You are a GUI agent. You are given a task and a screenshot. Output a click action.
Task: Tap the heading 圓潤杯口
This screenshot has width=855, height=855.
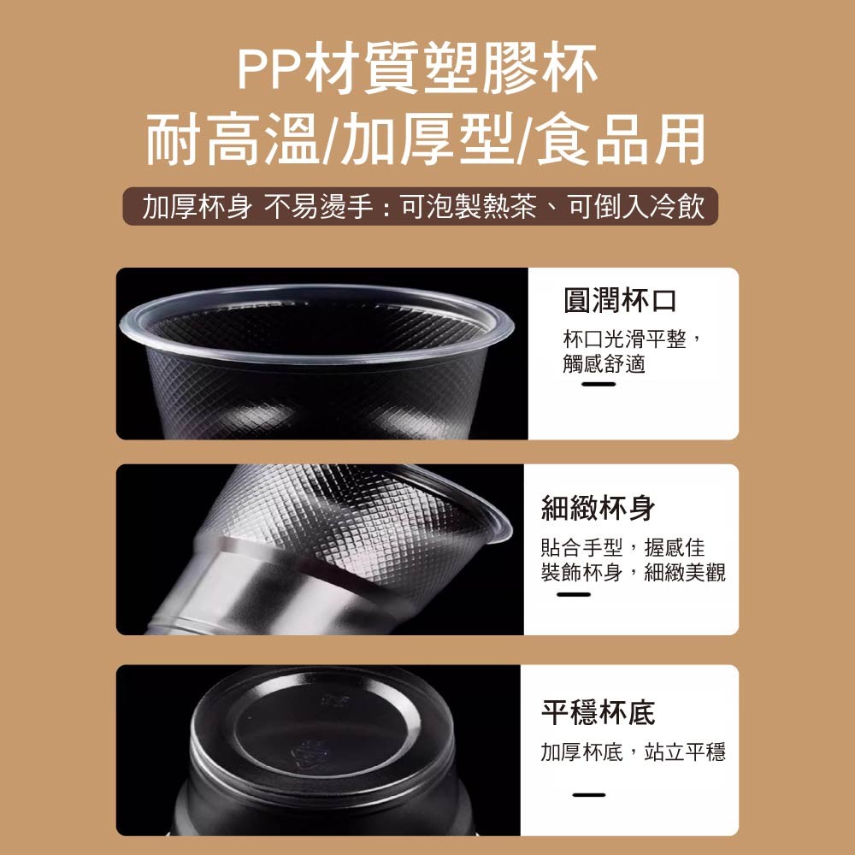[x=620, y=300]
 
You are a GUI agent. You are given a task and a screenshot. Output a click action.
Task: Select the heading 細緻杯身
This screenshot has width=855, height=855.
[x=598, y=508]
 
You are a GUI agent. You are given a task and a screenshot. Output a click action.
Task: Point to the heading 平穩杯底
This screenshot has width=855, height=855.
[x=598, y=713]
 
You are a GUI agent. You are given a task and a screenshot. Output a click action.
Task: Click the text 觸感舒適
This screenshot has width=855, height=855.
[x=604, y=363]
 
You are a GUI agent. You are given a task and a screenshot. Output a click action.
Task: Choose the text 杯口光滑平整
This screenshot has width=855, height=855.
[x=624, y=339]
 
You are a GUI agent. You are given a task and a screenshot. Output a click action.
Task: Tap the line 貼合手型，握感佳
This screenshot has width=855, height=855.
[x=622, y=547]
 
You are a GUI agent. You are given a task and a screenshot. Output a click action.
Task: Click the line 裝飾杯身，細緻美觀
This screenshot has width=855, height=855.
[x=633, y=572]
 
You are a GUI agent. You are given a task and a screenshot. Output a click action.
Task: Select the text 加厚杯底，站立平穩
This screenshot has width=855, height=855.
[x=633, y=752]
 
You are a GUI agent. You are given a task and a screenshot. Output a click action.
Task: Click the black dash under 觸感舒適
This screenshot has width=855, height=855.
[x=598, y=385]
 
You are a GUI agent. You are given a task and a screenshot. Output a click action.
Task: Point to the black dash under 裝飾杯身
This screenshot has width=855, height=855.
[x=574, y=594]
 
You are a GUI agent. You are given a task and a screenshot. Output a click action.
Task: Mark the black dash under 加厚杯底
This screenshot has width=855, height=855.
[x=589, y=795]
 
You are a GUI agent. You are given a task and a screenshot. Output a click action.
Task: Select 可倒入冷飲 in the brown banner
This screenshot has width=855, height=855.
[x=637, y=207]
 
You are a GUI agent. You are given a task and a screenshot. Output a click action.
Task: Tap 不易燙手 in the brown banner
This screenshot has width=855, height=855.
[x=318, y=207]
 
